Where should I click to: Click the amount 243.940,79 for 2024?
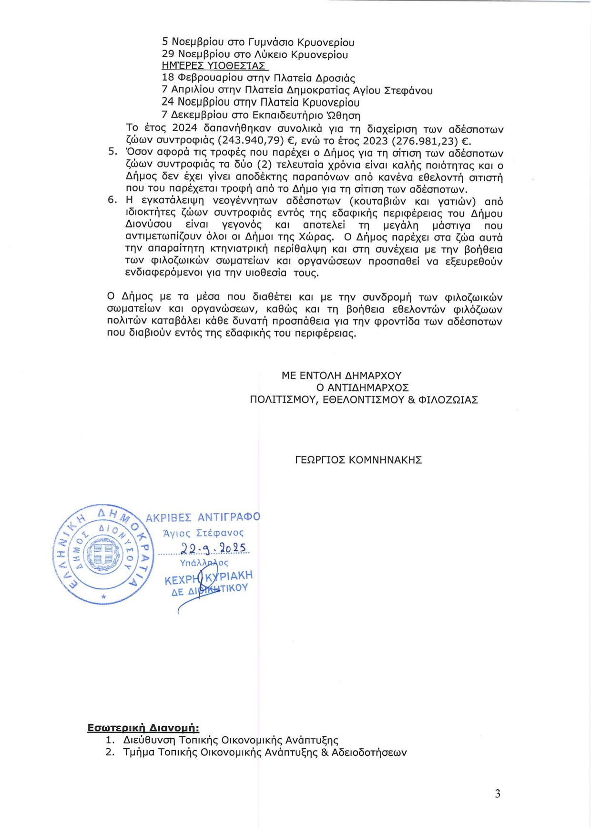point(251,142)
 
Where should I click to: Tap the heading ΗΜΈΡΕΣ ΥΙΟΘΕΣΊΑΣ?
point(214,66)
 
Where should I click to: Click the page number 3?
point(498,794)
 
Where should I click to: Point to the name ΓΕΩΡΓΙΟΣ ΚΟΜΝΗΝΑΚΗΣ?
point(358,460)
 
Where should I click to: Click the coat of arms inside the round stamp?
point(103,554)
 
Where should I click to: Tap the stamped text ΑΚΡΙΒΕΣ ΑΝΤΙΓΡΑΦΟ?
point(203,517)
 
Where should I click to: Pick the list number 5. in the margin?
point(112,152)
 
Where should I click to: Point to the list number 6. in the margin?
point(112,200)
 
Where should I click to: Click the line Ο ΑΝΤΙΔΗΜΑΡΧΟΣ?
point(362,387)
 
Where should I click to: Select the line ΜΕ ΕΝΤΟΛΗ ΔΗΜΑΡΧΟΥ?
point(341,376)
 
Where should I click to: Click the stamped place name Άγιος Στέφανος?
point(203,533)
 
